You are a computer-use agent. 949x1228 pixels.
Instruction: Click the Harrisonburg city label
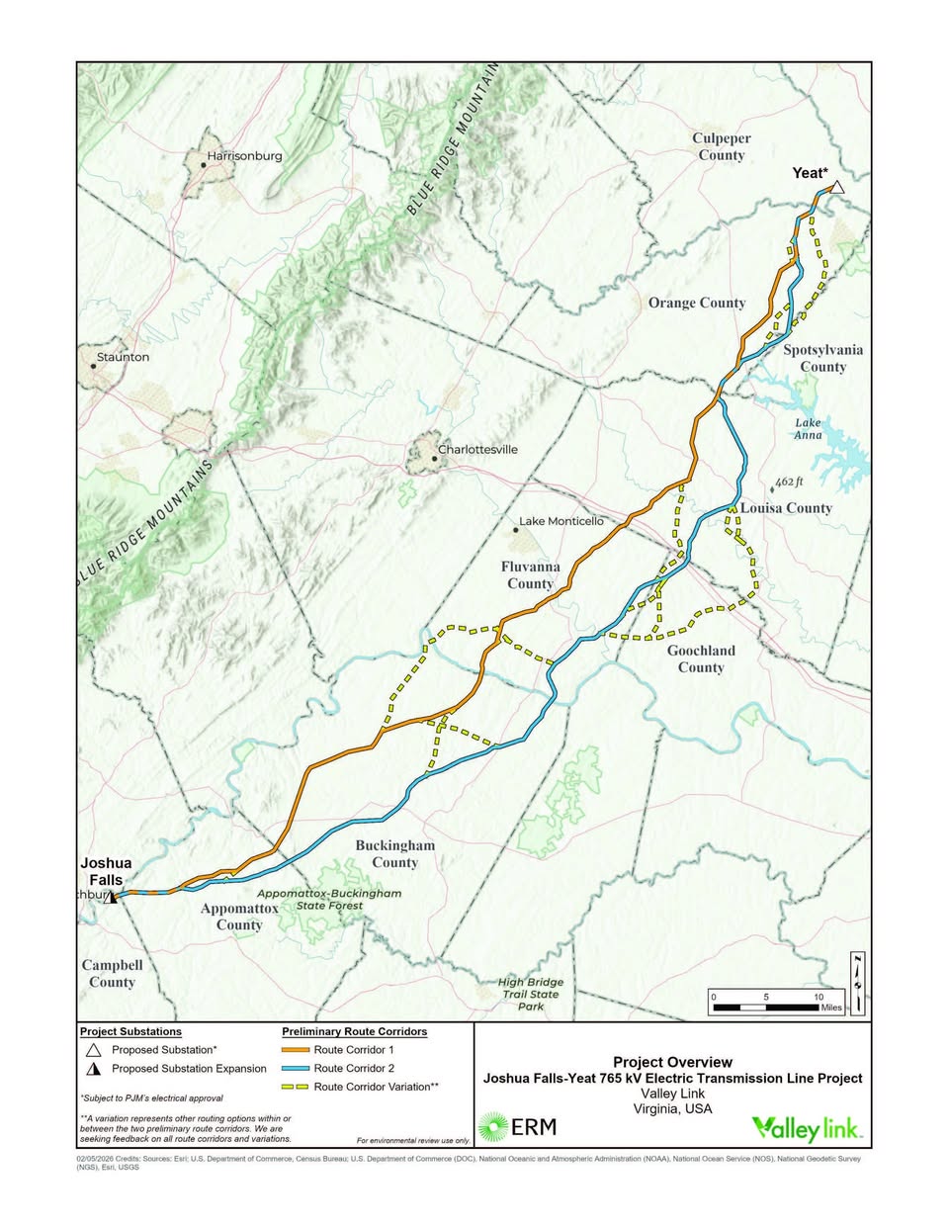coord(243,156)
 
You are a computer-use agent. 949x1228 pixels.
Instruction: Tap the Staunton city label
coord(123,357)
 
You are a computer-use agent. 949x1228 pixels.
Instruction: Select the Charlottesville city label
coord(476,449)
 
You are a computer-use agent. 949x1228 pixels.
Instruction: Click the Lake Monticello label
coord(561,521)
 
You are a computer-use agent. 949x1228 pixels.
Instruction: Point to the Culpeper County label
coord(722,146)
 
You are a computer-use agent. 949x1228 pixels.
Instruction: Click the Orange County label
coord(697,303)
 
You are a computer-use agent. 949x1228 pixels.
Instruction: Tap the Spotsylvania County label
coord(822,358)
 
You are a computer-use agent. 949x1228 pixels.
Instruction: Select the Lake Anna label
coord(808,428)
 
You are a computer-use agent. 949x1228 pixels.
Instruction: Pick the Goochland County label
coord(701,658)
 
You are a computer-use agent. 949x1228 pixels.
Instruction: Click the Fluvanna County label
coord(530,574)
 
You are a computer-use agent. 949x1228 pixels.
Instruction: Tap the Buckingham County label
coord(394,853)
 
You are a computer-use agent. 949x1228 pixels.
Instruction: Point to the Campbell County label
coord(112,973)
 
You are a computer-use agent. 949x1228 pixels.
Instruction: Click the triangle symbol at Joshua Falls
coord(112,897)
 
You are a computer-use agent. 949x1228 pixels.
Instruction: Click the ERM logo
coord(518,1126)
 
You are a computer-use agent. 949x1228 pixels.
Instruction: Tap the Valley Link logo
coord(806,1128)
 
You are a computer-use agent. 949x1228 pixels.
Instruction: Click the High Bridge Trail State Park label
coord(531,994)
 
